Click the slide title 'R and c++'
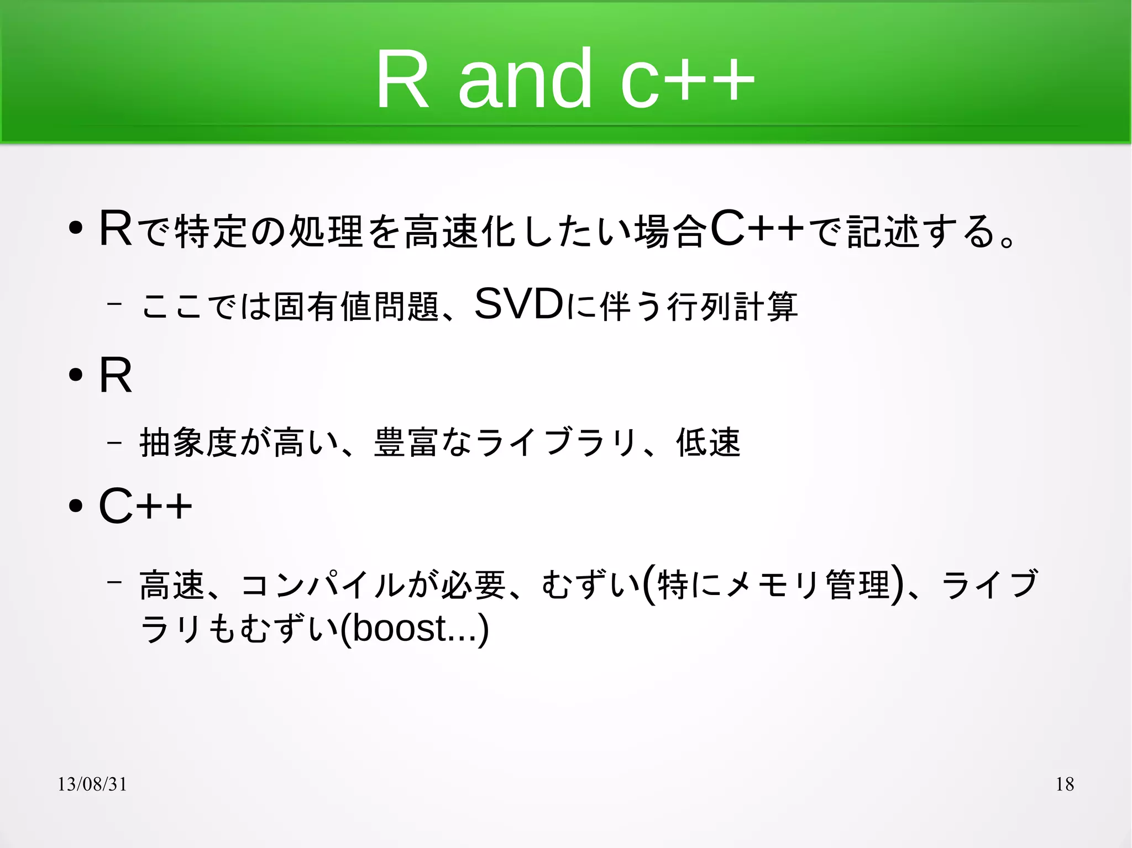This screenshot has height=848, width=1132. point(565,78)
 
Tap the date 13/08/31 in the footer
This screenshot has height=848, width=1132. point(92,784)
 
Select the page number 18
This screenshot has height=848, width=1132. point(1064,784)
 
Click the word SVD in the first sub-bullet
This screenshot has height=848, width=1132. point(518,304)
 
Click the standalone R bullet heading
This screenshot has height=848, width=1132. point(116,376)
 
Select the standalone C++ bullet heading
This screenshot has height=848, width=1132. point(145,505)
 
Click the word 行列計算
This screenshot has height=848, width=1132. point(732,306)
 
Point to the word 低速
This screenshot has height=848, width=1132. point(708,442)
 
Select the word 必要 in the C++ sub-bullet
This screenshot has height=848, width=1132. point(473,584)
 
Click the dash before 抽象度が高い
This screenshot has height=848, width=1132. point(114,442)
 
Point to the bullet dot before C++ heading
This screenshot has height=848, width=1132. point(76,506)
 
